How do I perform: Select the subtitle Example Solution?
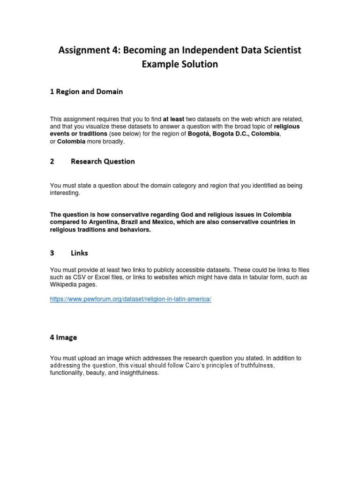click(180, 64)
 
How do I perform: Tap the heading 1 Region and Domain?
click(86, 92)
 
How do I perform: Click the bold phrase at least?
click(173, 120)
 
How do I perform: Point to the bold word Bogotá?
click(199, 134)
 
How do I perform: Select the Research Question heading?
click(103, 162)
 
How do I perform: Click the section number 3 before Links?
click(52, 253)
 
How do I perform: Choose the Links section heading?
click(79, 253)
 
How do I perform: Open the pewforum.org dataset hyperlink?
click(131, 299)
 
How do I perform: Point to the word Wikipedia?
click(64, 285)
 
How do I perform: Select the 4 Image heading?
click(63, 337)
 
